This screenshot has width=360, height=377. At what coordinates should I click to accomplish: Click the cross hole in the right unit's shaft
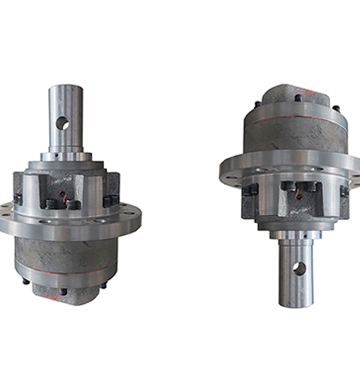point(299,268)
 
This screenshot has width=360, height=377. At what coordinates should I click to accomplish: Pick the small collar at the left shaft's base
point(66,157)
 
